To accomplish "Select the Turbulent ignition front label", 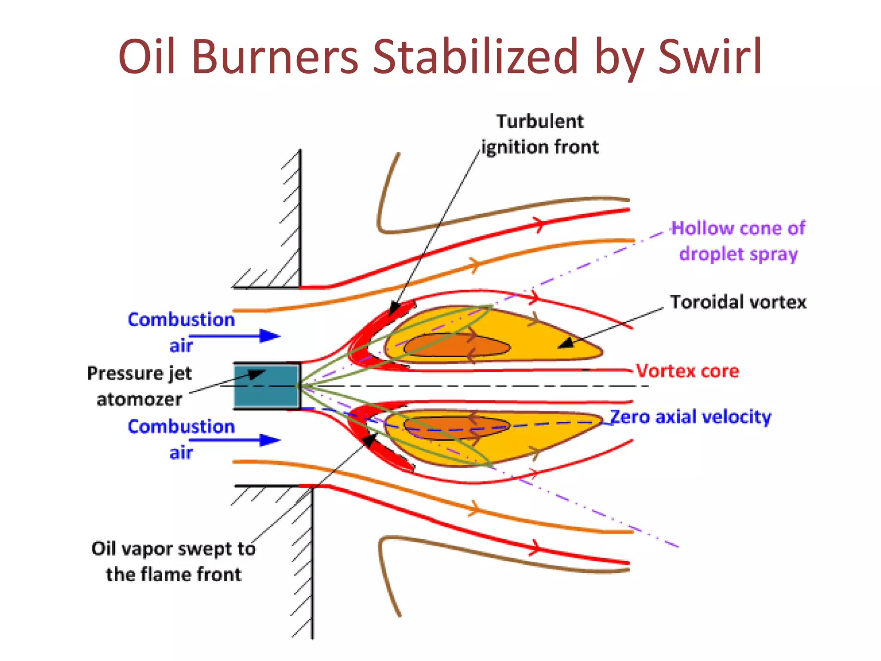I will pos(540,134).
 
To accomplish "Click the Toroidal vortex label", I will pos(738,302).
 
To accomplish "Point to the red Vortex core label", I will pos(687,371).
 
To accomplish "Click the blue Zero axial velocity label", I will pos(691,417).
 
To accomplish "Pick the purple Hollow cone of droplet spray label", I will pos(738,241).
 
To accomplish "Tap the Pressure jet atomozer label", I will pos(139,386).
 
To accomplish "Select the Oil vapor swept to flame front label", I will pos(173,562).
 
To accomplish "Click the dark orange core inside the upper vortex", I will pos(456,346).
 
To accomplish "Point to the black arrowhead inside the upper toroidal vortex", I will pos(568,343).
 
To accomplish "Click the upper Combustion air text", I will pos(181,332).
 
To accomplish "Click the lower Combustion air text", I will pos(181,439).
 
